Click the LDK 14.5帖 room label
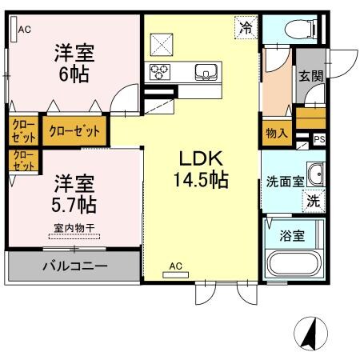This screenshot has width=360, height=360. point(200,169)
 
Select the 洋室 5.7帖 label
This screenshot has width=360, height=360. point(74,194)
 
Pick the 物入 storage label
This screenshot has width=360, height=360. point(277,134)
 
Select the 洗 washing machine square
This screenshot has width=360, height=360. point(314,202)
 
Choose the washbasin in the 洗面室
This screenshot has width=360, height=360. point(315,174)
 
